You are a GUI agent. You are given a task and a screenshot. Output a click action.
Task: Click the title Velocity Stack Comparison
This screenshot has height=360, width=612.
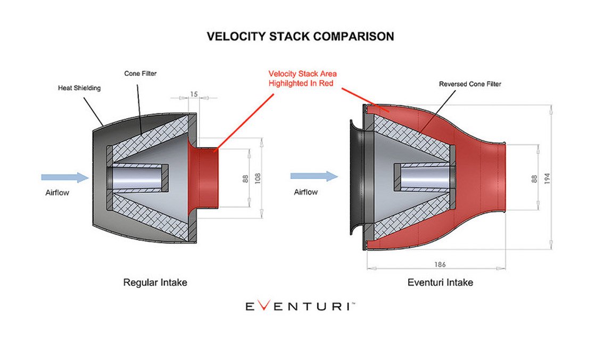pyautogui.click(x=300, y=36)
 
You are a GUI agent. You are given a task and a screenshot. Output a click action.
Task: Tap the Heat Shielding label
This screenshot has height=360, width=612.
pyautogui.click(x=79, y=88)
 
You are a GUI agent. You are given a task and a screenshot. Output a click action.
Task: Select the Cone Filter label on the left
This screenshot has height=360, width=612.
pyautogui.click(x=140, y=73)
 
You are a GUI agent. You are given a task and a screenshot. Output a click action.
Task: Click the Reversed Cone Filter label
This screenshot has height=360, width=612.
pyautogui.click(x=470, y=84)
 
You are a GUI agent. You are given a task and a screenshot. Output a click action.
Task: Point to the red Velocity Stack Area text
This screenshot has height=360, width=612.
pyautogui.click(x=302, y=74)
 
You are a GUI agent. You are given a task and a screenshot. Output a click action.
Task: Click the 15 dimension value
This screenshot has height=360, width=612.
pyautogui.click(x=194, y=94)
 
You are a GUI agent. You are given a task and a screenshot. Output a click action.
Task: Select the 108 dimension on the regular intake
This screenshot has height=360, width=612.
pyautogui.click(x=258, y=178)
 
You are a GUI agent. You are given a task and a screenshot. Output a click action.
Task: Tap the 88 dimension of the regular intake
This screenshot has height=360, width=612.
pyautogui.click(x=245, y=179)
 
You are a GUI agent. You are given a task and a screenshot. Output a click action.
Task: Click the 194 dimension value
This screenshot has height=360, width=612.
pyautogui.click(x=547, y=178)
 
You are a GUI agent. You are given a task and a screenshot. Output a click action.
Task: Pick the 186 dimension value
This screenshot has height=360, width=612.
pyautogui.click(x=440, y=265)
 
